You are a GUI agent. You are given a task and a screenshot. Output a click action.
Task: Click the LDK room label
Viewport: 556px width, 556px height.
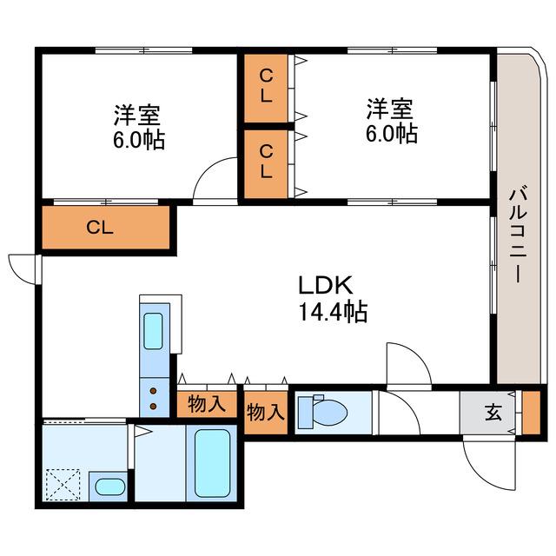point(326,285)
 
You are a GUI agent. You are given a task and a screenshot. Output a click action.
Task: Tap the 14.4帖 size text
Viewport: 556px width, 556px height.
point(334,311)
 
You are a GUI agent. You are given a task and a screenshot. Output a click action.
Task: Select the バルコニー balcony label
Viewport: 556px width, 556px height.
point(519,235)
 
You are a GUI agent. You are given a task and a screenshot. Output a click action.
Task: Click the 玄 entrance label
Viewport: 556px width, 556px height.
point(494,413)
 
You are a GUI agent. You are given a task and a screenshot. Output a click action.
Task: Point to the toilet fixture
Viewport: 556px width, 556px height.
point(322,412)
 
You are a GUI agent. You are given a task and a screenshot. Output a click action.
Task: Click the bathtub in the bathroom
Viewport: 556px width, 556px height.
point(212,463)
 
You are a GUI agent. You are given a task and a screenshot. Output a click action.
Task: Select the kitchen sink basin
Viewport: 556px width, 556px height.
point(153,331)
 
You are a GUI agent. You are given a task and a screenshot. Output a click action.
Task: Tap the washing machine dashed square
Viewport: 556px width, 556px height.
point(63,485)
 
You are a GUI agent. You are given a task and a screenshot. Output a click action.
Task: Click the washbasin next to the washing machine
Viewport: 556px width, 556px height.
point(109,486)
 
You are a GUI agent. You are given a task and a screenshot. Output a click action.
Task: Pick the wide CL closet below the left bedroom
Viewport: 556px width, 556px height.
point(106,228)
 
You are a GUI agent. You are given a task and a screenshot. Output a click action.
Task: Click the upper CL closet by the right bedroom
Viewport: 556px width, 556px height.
point(266,89)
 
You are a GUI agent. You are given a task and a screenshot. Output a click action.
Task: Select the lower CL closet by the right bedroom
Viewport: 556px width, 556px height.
point(266,164)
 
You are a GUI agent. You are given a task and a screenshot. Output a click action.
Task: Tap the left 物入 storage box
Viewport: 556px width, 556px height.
point(207,404)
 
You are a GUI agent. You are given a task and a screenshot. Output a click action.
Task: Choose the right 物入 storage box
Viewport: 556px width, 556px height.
point(266,413)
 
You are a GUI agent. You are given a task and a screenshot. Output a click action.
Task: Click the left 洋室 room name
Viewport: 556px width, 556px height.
point(137,115)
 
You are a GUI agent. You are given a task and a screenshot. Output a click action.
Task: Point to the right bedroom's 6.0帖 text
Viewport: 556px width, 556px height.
point(392,133)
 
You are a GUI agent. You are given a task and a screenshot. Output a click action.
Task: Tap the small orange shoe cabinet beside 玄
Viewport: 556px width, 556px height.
point(532,413)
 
